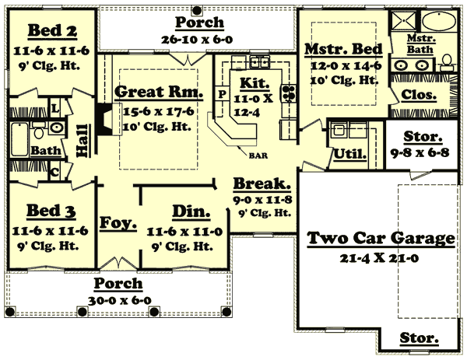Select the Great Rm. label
(x=159, y=92)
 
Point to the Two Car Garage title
(x=381, y=238)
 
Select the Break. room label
(x=262, y=185)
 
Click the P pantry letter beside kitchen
(x=222, y=93)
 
